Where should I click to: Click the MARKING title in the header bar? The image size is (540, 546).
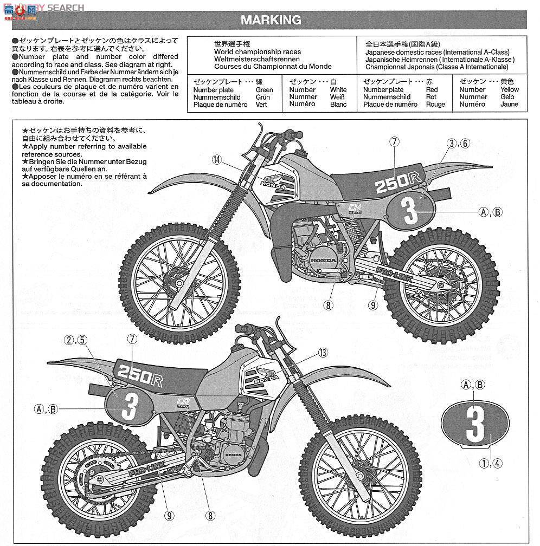[271, 21]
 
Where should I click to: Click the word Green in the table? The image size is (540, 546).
[264, 90]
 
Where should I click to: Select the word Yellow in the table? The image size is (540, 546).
[509, 89]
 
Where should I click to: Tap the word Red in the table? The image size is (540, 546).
[432, 90]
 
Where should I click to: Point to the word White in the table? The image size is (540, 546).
[338, 90]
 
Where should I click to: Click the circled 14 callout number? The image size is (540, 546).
[217, 159]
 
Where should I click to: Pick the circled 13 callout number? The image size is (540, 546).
[323, 353]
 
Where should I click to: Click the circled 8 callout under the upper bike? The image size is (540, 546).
[327, 305]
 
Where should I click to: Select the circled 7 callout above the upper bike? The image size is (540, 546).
[394, 142]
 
